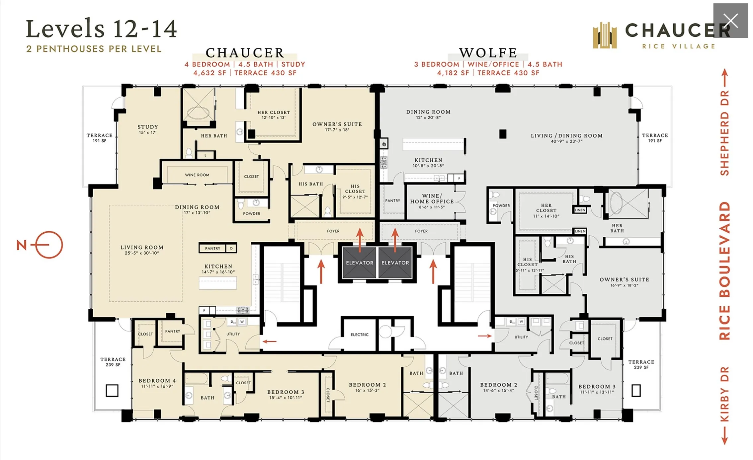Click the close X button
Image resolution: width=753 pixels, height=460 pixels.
coord(730,21)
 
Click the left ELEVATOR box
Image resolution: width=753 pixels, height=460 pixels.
coord(360,263)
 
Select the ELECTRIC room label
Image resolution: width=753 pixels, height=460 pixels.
coord(360,335)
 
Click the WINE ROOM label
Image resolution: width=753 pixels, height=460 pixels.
coord(197,175)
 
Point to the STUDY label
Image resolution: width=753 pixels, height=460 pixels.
coord(148,127)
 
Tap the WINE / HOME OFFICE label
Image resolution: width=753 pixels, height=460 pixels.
coord(432,199)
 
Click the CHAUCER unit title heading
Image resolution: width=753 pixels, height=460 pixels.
coord(245,53)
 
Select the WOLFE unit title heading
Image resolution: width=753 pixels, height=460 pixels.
coord(488,53)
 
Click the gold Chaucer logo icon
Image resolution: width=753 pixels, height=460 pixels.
coord(605,36)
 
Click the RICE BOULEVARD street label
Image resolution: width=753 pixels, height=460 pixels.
coord(725,271)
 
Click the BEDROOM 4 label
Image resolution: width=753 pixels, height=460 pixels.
coord(157,381)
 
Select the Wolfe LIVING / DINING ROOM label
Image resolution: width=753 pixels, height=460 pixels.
coord(566,136)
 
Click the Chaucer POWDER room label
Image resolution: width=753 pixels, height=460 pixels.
coord(252,214)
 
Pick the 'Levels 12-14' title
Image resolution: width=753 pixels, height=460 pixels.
coord(101,29)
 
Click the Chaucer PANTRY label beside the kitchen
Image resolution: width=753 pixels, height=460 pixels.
coord(212,248)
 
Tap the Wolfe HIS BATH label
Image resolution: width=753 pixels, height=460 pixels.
coord(569,259)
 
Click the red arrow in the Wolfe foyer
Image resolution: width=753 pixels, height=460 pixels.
coord(395,240)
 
